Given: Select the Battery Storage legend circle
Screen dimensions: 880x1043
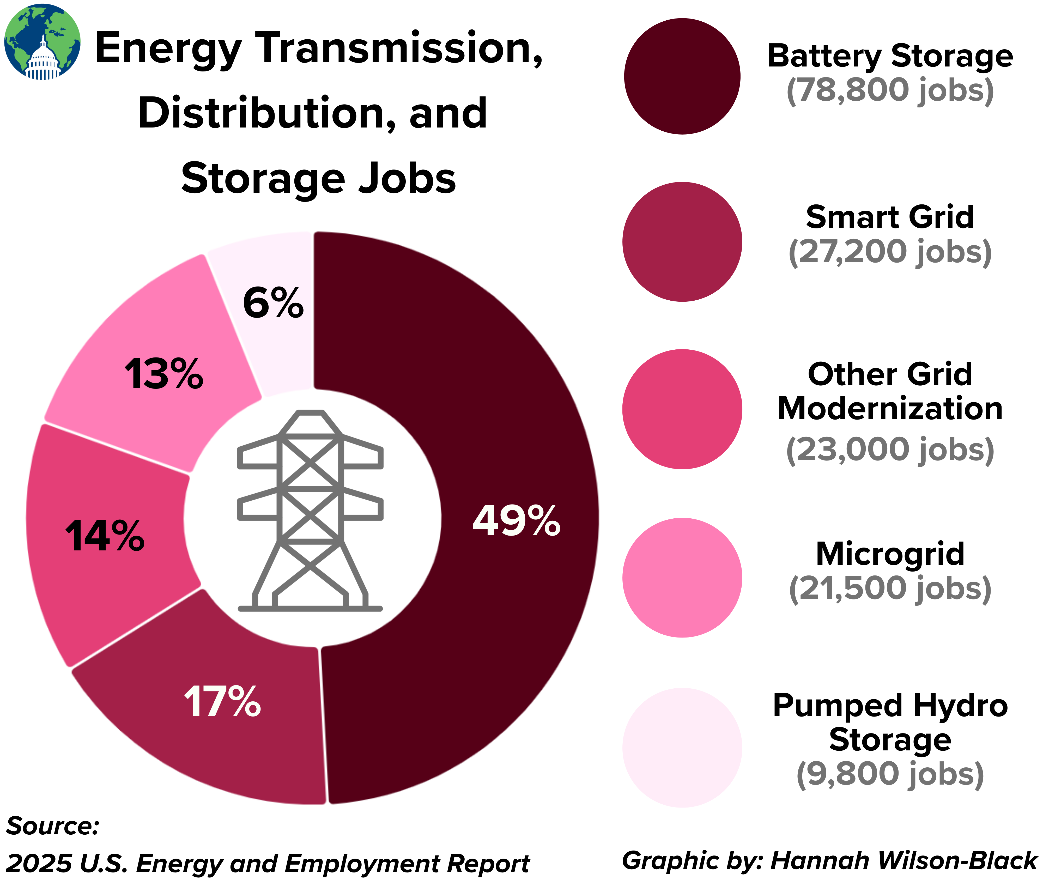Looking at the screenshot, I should coord(682,76).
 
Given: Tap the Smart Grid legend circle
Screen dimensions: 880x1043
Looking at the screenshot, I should coord(682,242).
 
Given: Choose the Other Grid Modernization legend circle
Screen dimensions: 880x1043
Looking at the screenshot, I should coord(682,409).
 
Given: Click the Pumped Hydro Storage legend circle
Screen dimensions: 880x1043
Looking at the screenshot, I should coord(682,747).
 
